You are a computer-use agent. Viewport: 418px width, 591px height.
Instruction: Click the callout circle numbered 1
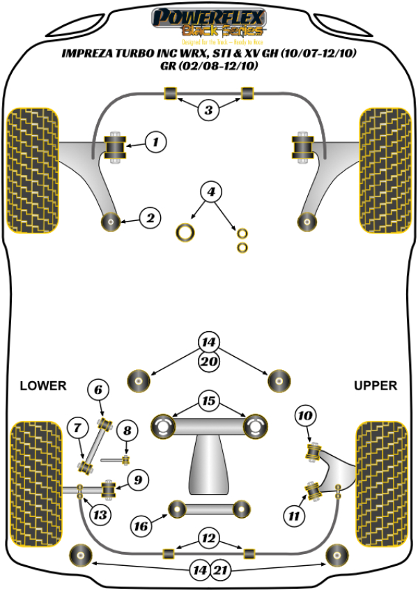pyautogui.click(x=155, y=143)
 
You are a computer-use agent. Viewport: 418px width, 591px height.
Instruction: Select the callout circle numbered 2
pyautogui.click(x=149, y=219)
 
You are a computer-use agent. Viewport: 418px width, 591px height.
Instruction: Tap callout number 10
pyautogui.click(x=304, y=416)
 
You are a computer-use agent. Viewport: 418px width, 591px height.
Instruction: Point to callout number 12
pyautogui.click(x=208, y=537)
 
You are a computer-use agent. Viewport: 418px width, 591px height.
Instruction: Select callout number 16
pyautogui.click(x=141, y=526)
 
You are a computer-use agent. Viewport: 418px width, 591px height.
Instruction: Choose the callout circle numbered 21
pyautogui.click(x=220, y=571)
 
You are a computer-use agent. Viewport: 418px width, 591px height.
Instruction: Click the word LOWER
pyautogui.click(x=42, y=385)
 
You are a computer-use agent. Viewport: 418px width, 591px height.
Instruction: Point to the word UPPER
pyautogui.click(x=375, y=385)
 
